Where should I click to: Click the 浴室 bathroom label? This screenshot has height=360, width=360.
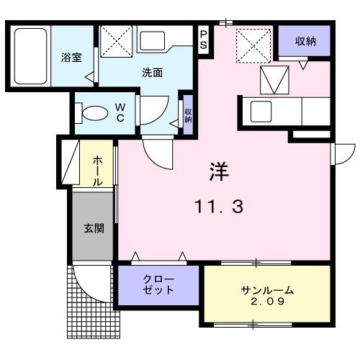click(x=70, y=57)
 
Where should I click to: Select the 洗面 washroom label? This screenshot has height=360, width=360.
click(x=151, y=72)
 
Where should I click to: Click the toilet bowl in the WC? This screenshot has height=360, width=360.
click(x=94, y=114)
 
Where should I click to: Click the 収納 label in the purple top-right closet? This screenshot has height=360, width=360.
click(x=305, y=41)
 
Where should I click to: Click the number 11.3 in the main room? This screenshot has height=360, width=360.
click(x=219, y=208)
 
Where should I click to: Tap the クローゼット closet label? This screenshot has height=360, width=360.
click(x=158, y=285)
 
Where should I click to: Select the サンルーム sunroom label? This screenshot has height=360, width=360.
click(x=267, y=290)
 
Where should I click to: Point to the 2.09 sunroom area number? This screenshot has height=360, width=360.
click(x=267, y=303)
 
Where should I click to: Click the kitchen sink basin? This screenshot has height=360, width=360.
click(x=260, y=112)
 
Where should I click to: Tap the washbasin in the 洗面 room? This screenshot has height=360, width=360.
click(x=152, y=40)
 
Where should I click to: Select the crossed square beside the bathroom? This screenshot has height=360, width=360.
click(x=117, y=40)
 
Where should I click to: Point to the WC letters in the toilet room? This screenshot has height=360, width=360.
click(x=120, y=112)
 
